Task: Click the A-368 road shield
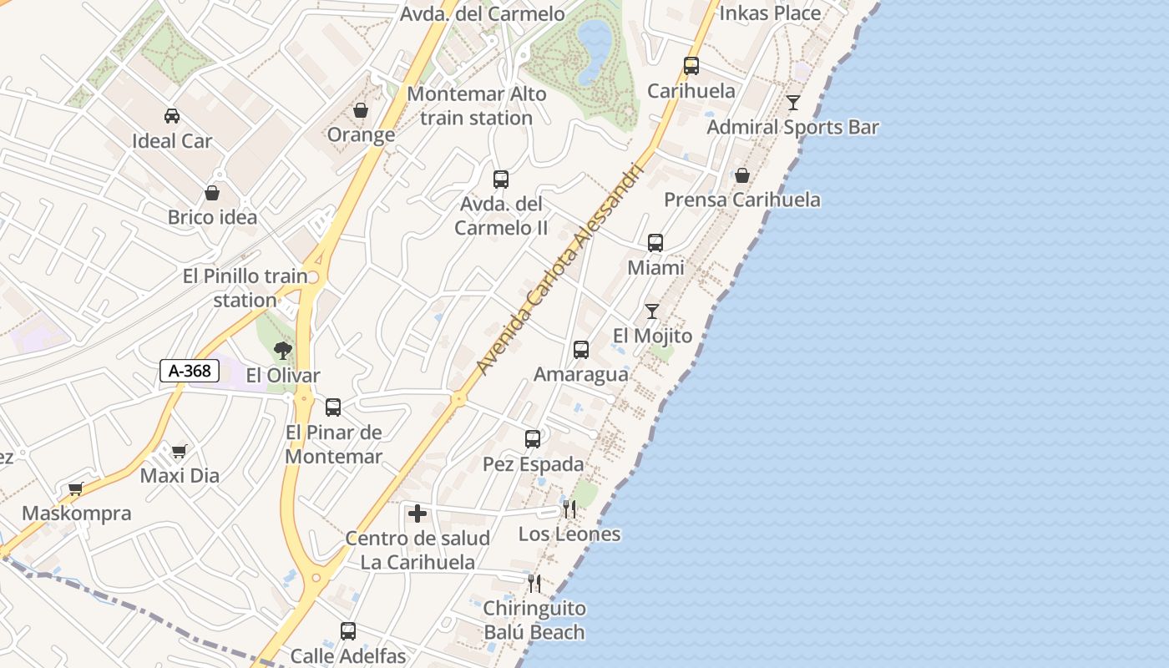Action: tap(190, 371)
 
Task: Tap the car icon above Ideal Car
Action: tap(172, 116)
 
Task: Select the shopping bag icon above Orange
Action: tap(361, 110)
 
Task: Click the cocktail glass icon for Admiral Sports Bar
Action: tap(792, 103)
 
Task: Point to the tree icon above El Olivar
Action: tap(282, 351)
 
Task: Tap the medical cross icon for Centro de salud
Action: tap(417, 514)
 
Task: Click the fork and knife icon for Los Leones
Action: tap(569, 509)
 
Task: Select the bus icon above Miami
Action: tap(655, 243)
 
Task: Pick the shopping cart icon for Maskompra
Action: tap(76, 488)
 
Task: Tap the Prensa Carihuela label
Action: tap(741, 200)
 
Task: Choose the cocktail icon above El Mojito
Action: tap(652, 311)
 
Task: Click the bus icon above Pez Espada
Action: tap(533, 439)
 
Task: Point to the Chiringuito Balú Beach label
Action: tap(534, 620)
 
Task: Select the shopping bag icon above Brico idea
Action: tap(213, 193)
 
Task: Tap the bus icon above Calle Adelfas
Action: tap(348, 631)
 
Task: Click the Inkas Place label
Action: tap(770, 13)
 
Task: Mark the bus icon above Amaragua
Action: tap(581, 350)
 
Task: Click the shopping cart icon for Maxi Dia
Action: tap(180, 452)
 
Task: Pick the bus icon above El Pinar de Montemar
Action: tap(333, 407)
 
